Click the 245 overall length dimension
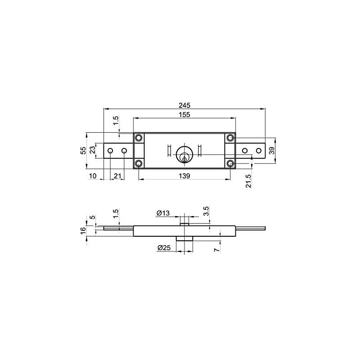click(x=184, y=105)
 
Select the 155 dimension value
click(x=184, y=115)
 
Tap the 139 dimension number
click(x=184, y=176)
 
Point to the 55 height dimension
click(x=83, y=150)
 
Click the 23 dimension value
click(x=92, y=150)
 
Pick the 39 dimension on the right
click(x=272, y=151)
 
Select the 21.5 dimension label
click(x=248, y=181)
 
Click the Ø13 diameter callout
click(x=163, y=213)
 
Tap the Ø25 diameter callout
click(x=164, y=248)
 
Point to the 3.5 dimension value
click(x=206, y=211)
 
